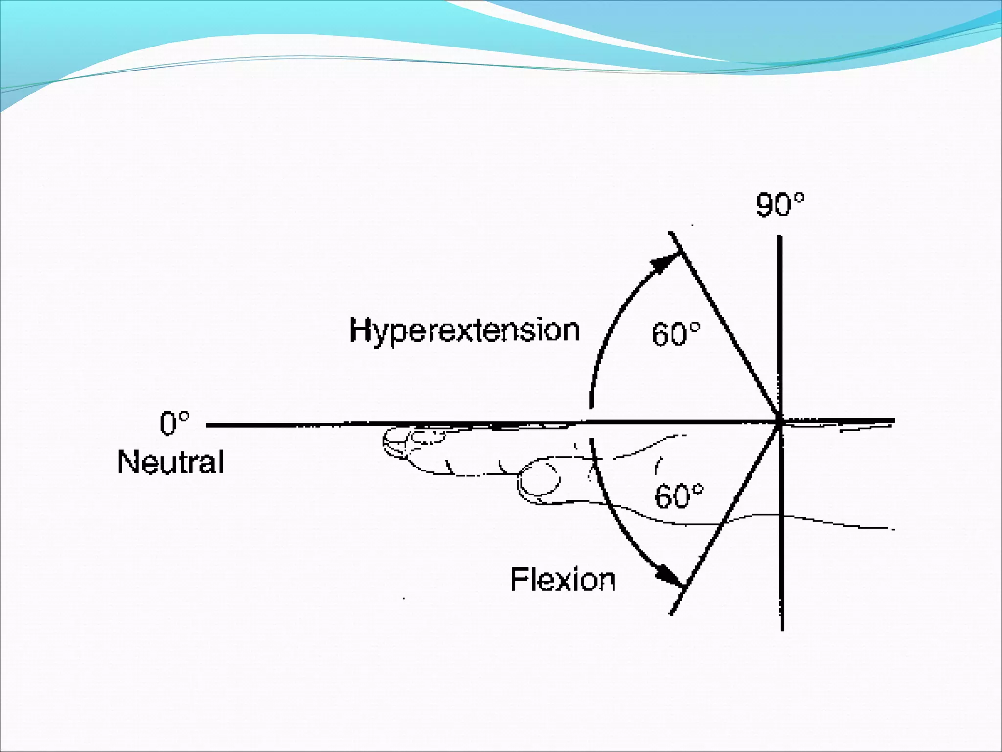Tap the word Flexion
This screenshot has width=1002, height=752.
click(563, 580)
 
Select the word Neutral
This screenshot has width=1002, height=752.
click(171, 462)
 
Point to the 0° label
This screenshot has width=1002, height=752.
click(174, 424)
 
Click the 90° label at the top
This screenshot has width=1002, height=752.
click(780, 205)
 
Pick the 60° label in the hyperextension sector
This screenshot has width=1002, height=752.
click(676, 334)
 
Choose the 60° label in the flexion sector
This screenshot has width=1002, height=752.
click(679, 496)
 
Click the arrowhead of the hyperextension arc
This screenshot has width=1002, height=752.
click(666, 265)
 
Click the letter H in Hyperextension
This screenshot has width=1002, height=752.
click(359, 330)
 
